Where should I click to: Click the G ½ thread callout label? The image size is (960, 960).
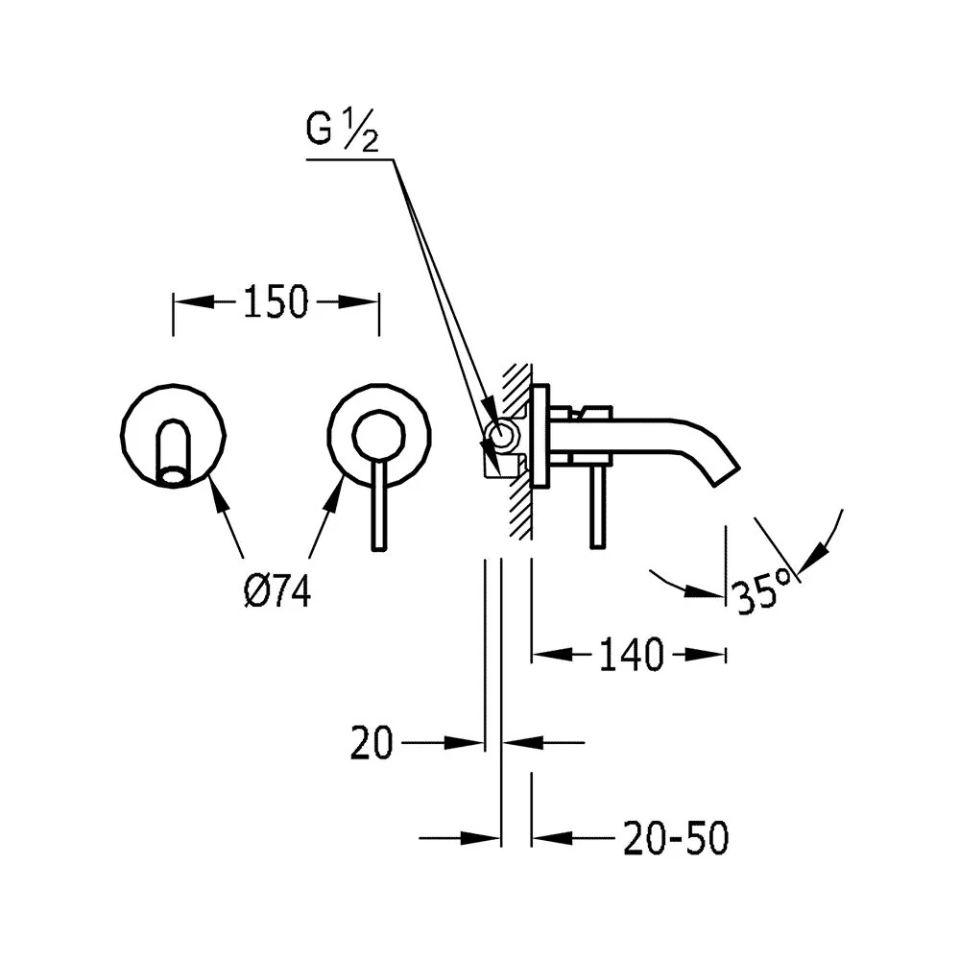click(x=343, y=131)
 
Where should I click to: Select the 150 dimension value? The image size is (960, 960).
click(x=276, y=301)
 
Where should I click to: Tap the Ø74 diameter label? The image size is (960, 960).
click(x=277, y=591)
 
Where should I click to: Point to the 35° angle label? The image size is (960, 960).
click(x=762, y=590)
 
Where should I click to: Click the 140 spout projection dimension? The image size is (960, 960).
click(x=632, y=655)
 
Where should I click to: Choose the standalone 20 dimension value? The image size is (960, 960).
click(x=371, y=743)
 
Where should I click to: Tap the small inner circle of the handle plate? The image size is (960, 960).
click(x=378, y=435)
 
